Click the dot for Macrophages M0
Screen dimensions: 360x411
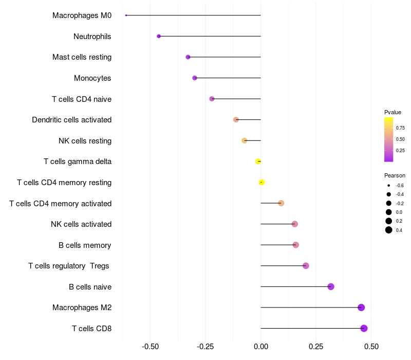(x=126, y=15)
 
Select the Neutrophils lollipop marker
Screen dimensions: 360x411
(x=159, y=36)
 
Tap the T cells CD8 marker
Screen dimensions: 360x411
(x=364, y=328)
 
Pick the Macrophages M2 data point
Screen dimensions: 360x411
(x=361, y=308)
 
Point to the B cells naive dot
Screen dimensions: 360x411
(x=331, y=286)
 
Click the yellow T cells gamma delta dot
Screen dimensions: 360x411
(x=258, y=161)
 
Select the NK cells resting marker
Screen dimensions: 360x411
(x=245, y=140)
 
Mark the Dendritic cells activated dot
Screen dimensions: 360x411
(x=236, y=120)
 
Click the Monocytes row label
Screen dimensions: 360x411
(x=92, y=78)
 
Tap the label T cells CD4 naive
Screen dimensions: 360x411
(x=82, y=99)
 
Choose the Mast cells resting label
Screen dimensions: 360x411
(x=82, y=57)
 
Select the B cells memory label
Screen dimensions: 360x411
(x=85, y=245)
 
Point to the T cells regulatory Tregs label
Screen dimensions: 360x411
(x=69, y=266)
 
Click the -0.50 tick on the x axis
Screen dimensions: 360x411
(x=150, y=347)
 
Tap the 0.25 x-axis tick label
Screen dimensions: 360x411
(x=316, y=347)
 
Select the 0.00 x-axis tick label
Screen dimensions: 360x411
(x=261, y=347)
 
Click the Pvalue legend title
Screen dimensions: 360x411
(x=393, y=112)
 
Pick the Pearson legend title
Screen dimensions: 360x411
(x=395, y=175)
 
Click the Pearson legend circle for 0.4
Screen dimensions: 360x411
(x=389, y=230)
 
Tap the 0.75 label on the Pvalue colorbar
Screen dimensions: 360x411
(x=400, y=128)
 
